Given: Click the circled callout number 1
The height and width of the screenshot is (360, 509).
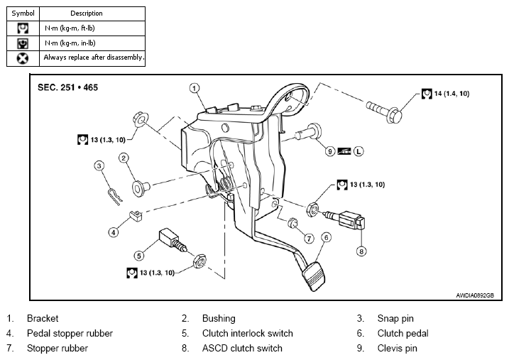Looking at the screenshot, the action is point(194,88).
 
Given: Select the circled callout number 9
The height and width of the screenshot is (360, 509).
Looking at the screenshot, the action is point(330,151).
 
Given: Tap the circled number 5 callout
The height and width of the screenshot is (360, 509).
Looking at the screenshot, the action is point(139,256).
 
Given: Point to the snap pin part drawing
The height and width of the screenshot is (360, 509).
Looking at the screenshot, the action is point(114,197).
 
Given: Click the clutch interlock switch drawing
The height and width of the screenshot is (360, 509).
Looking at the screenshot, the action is point(173,240).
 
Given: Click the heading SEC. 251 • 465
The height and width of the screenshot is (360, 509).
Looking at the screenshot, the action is point(67,87).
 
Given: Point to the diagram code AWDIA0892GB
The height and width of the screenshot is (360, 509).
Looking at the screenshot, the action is point(475,295).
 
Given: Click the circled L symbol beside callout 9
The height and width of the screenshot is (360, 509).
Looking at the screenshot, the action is point(359,151).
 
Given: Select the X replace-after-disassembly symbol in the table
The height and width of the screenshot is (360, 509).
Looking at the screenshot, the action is point(23,58).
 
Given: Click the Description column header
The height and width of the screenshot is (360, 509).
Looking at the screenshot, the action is point(87,13).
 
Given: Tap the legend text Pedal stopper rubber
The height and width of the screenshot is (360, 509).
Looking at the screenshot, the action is point(70,334).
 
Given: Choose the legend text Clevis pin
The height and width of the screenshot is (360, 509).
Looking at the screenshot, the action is point(397,349).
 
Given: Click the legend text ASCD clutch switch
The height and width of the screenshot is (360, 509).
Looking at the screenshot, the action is point(242,349).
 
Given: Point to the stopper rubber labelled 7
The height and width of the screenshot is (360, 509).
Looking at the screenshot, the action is point(292,223).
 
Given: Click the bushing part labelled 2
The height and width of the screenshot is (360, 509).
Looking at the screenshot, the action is point(141,188).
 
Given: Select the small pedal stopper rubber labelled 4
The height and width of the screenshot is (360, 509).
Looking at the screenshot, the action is point(136,216).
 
